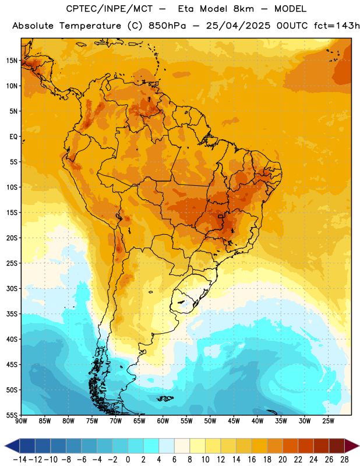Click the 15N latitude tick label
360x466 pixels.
(x=12, y=61)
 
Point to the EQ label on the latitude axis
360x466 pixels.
(x=13, y=137)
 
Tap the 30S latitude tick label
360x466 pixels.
(x=12, y=288)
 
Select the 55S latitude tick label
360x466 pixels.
(x=12, y=415)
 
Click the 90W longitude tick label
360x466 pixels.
(x=21, y=421)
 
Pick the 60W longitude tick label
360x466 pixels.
(x=163, y=421)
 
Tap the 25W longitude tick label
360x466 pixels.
(x=328, y=421)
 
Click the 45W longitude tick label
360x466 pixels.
(x=234, y=421)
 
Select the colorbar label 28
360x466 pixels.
(x=344, y=460)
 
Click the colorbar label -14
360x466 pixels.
(x=20, y=460)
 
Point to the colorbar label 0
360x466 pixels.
(x=128, y=460)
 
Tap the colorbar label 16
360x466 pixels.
(x=252, y=460)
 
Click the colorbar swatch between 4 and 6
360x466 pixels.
(x=167, y=446)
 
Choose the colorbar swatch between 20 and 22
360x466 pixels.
(x=290, y=446)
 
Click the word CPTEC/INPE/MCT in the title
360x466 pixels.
(x=110, y=9)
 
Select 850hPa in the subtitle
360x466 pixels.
(x=167, y=26)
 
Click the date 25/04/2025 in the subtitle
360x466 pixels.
(x=238, y=26)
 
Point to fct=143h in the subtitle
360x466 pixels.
(x=337, y=26)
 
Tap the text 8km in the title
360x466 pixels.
(x=243, y=9)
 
